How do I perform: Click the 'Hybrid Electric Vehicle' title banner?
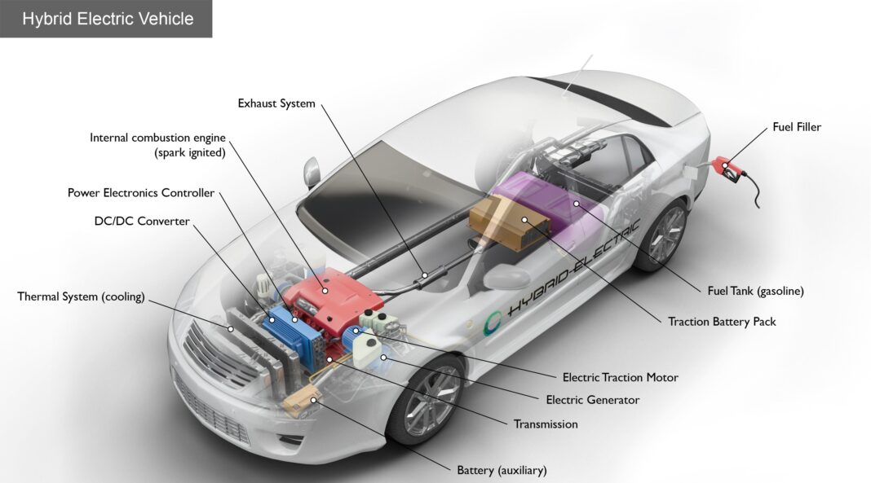107,19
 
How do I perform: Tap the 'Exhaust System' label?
276,103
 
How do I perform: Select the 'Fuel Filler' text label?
797,127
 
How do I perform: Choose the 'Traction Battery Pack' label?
722,322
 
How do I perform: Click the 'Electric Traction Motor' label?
620,377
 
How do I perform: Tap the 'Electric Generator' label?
592,400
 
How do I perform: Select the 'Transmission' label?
546,424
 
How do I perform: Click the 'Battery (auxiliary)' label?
502,470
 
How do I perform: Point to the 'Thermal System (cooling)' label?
81,296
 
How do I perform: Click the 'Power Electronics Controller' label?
141,193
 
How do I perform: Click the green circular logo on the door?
493,322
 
